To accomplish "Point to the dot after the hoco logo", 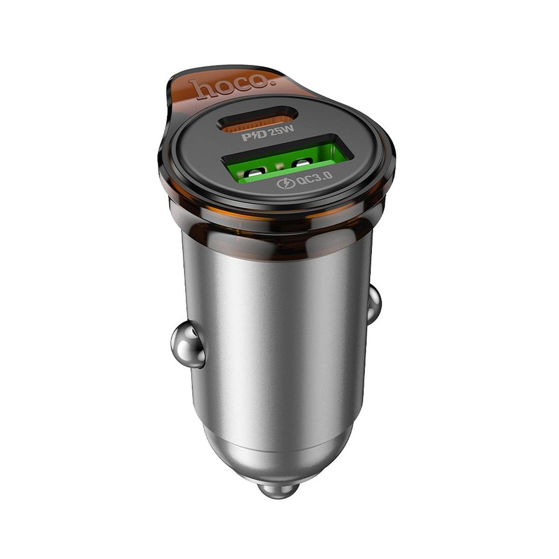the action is click(x=273, y=83).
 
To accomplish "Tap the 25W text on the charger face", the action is click(x=282, y=131).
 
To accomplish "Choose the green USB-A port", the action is click(x=288, y=158).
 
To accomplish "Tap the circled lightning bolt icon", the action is click(x=286, y=184).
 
